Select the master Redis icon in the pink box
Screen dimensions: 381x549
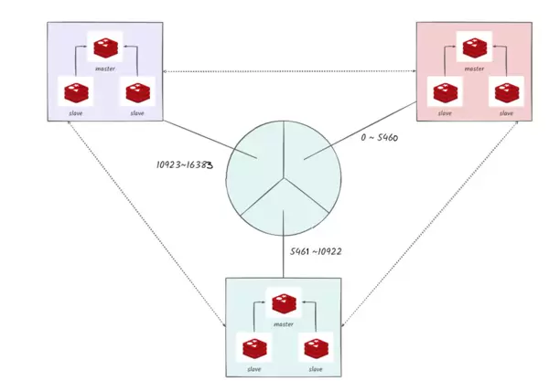(x=473, y=47)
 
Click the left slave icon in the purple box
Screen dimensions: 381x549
(x=75, y=91)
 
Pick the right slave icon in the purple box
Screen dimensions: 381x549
(x=137, y=91)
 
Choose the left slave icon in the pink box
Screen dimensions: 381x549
(x=445, y=92)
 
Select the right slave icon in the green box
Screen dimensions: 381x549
(x=315, y=348)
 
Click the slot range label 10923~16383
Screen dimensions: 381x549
(x=190, y=167)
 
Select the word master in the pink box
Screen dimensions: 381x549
(x=473, y=69)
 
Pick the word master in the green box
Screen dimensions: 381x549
(x=283, y=324)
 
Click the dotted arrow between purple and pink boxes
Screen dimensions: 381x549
(x=290, y=70)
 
